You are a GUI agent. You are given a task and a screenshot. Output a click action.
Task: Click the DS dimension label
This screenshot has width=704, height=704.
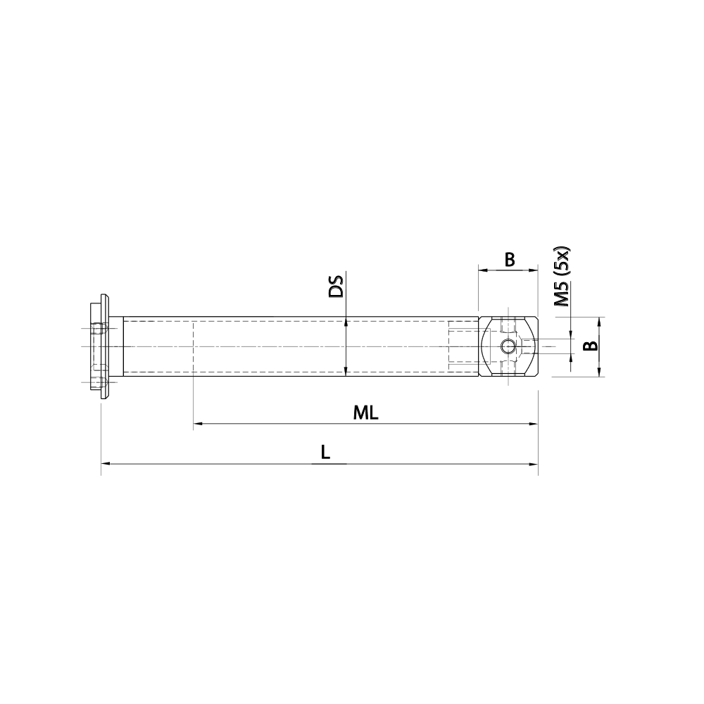click(337, 287)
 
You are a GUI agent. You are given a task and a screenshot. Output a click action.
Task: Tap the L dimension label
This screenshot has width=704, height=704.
click(325, 453)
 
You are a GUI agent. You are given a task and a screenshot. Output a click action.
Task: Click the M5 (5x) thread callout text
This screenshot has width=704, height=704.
click(562, 277)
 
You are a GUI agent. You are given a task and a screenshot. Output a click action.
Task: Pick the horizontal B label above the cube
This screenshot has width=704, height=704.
click(509, 260)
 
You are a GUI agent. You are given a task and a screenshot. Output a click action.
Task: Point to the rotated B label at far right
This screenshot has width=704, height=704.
click(592, 346)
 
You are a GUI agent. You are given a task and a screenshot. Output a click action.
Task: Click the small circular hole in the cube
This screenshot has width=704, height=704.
click(508, 346)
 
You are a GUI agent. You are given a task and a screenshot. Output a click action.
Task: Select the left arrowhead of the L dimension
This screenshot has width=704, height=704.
click(106, 464)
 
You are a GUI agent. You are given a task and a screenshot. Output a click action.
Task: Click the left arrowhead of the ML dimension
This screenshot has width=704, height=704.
click(198, 425)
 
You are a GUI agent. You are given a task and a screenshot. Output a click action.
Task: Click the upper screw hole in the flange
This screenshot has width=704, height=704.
click(99, 328)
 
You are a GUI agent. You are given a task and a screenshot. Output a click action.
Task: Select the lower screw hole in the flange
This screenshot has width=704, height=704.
click(99, 382)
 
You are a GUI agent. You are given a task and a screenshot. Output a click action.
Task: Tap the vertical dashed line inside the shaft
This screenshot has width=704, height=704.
click(193, 346)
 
